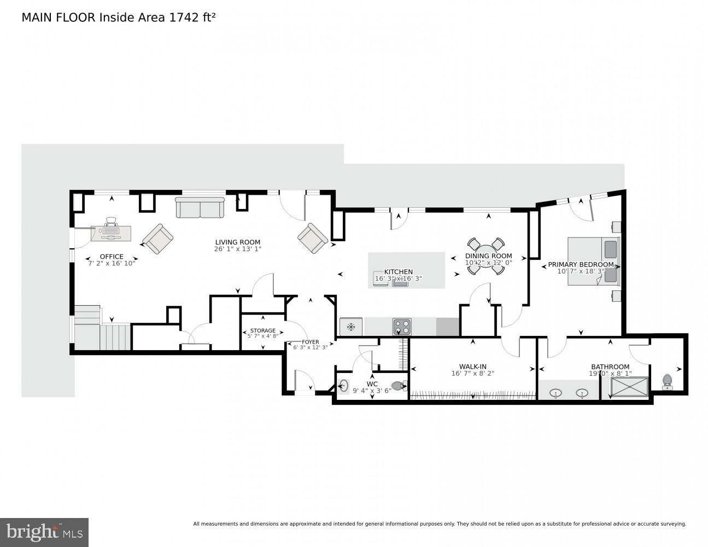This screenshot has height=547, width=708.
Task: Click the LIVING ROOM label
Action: tap(237, 242)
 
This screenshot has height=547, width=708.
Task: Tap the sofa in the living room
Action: tap(200, 208)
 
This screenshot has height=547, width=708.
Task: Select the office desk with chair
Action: tap(111, 231)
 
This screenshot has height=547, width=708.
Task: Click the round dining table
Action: tap(485, 256)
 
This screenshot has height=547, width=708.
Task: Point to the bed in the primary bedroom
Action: tap(593, 261)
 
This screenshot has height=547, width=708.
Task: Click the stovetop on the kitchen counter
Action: tap(401, 327)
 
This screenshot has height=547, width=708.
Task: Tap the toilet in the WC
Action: tap(400, 386)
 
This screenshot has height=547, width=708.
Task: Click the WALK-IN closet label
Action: tap(472, 366)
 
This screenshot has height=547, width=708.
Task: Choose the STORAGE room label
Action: tap(262, 331)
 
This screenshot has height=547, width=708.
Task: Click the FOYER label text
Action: tap(310, 342)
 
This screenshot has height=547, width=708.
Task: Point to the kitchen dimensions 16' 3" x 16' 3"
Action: tap(398, 278)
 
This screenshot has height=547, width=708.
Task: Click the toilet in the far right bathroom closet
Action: tap(667, 381)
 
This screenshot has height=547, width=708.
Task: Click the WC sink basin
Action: tap(343, 386)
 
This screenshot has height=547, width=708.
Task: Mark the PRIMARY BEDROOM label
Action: tap(581, 265)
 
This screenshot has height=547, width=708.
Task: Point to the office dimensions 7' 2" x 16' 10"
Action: tap(112, 263)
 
